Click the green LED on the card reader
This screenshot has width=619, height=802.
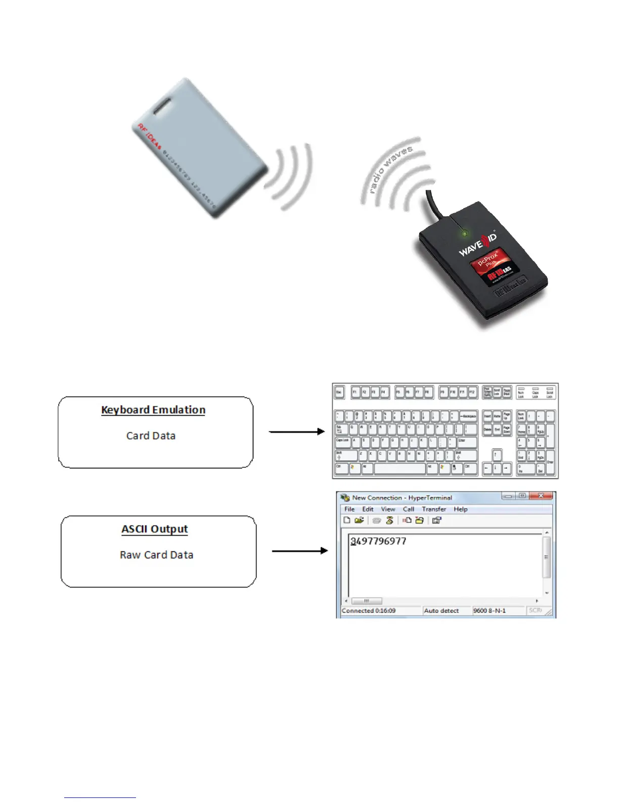tap(464, 233)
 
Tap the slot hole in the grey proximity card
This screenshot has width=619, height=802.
tap(162, 107)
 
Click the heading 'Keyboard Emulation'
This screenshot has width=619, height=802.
tap(153, 410)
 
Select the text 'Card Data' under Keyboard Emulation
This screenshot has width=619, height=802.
tap(151, 435)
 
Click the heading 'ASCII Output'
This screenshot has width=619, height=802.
tap(155, 529)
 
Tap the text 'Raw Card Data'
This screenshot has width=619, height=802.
tap(156, 555)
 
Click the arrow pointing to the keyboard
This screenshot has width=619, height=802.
tap(297, 431)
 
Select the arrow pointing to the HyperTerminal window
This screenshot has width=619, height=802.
tap(300, 550)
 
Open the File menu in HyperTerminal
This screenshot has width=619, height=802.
tap(349, 509)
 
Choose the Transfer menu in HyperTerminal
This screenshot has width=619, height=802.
tap(434, 509)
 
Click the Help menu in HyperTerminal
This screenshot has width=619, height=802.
tap(460, 509)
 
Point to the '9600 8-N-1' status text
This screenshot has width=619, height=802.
tap(489, 611)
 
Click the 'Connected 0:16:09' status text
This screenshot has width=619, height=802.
tap(369, 611)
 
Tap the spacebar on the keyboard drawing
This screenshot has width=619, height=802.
tap(400, 468)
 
